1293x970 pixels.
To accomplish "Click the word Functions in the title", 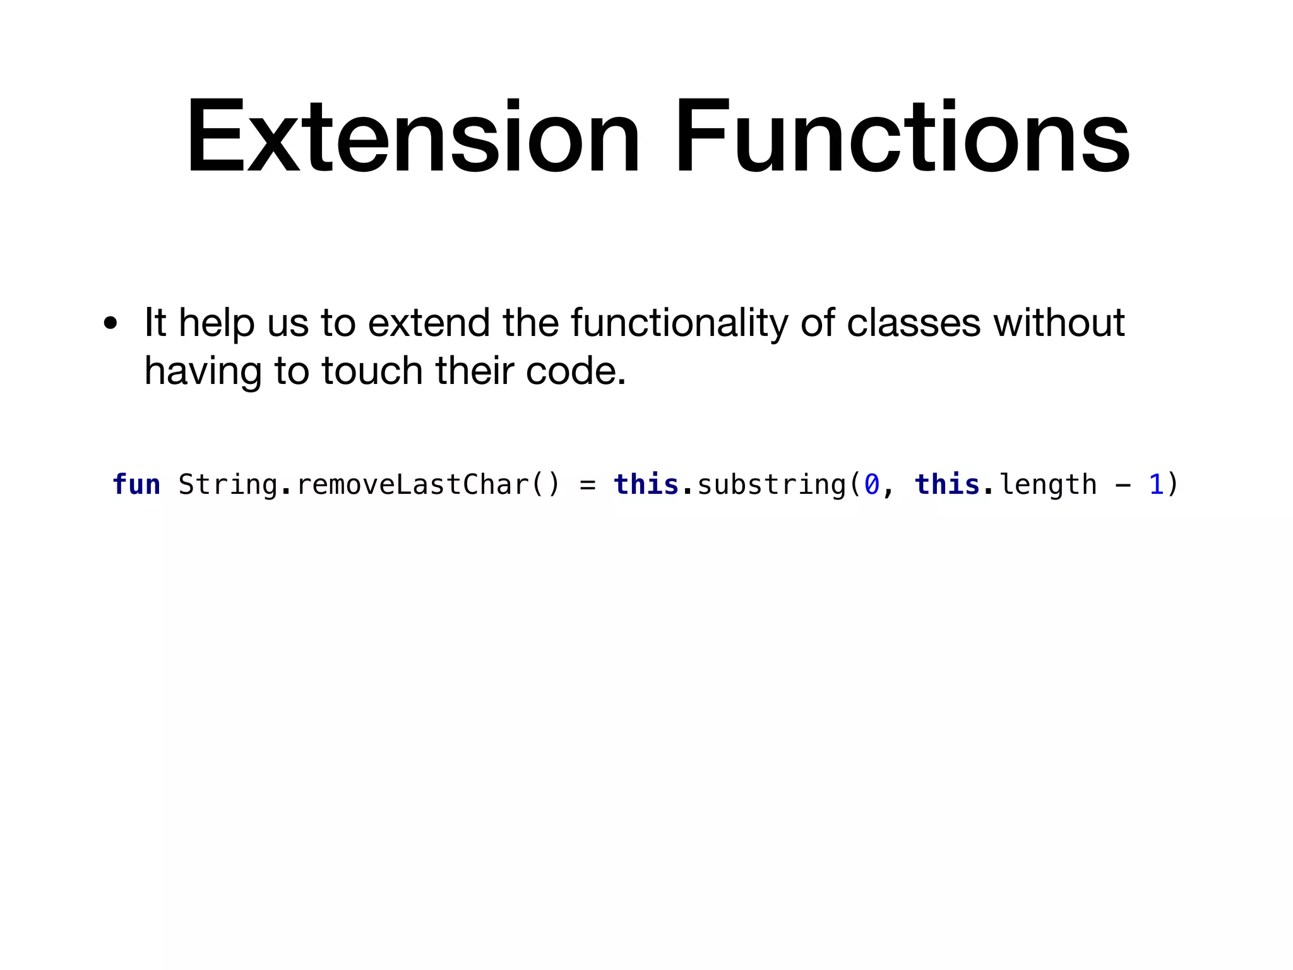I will coord(902,136).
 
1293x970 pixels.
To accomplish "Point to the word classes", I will coord(914,323).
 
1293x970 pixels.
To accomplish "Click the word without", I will coord(1059,323).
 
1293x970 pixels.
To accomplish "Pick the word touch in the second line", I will coord(372,371).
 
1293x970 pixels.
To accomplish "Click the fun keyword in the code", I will coord(136,485).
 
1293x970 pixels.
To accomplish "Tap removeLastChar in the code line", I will coord(412,485).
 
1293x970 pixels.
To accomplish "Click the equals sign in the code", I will coord(588,485).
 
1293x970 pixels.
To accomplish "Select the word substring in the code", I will coord(772,485).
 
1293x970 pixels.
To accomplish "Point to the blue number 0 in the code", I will coord(872,485).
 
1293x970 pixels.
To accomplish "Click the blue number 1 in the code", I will coord(1156,485).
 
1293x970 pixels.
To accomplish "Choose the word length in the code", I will coord(1048,485).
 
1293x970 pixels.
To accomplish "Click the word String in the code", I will coord(228,485).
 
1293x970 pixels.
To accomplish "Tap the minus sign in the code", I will coord(1123,485).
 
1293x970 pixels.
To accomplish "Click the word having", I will coord(203,372).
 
